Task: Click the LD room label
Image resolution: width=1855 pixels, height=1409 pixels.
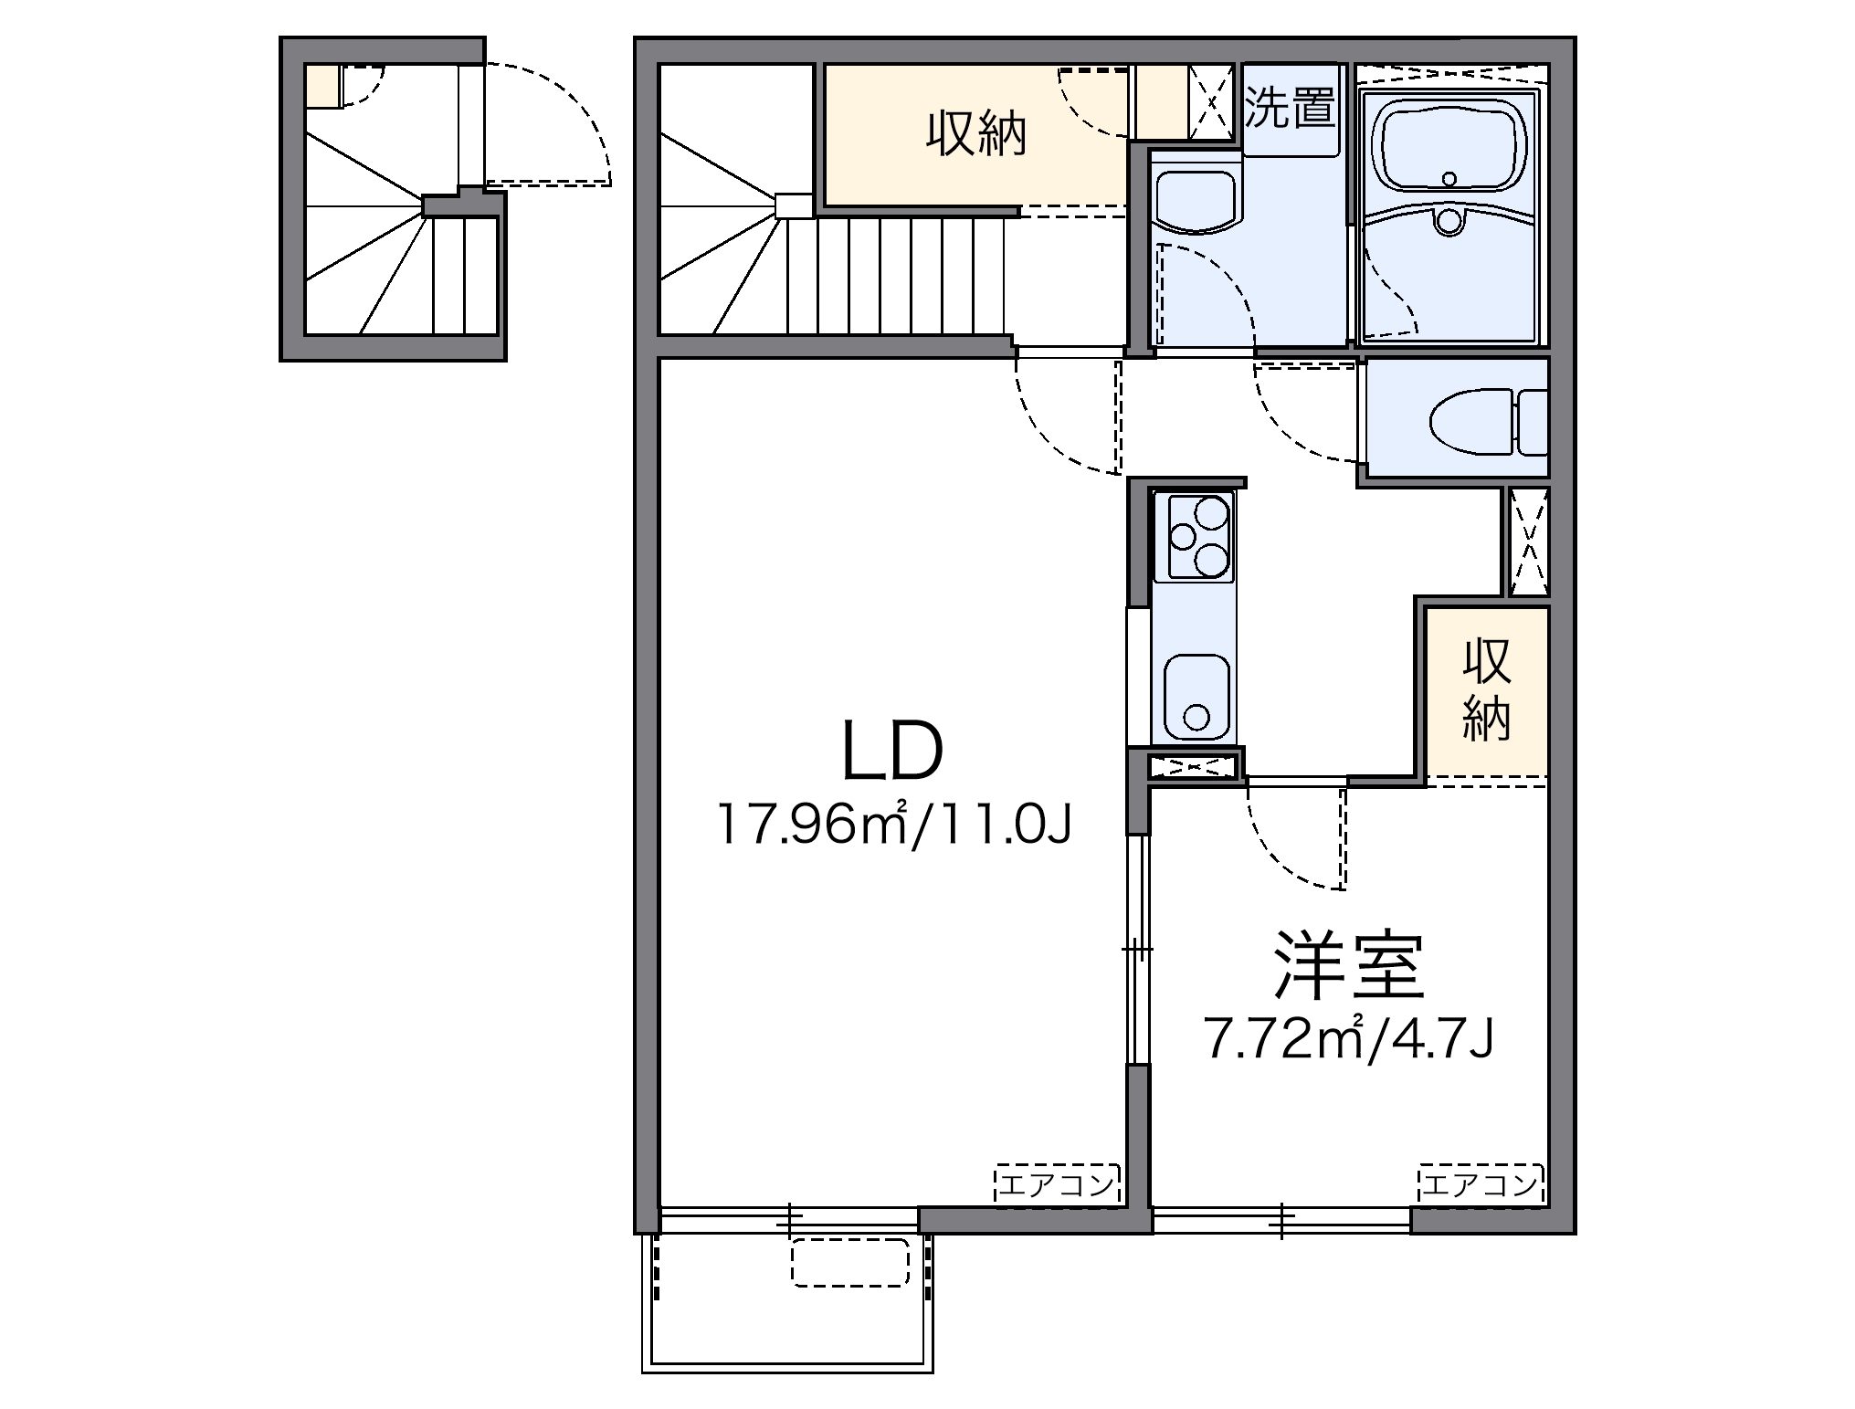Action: click(891, 751)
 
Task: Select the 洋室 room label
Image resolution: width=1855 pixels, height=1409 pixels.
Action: click(1349, 966)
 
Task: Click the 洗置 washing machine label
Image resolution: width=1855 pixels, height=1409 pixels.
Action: click(1291, 108)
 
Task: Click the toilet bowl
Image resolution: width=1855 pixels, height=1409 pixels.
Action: click(1471, 421)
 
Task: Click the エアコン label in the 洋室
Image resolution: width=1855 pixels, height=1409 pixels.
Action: click(1481, 1185)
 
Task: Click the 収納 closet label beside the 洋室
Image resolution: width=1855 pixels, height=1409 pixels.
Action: click(1486, 689)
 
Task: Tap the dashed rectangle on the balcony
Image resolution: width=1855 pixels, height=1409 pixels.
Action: click(849, 1262)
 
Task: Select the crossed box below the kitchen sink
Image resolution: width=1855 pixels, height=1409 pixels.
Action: click(1194, 765)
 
